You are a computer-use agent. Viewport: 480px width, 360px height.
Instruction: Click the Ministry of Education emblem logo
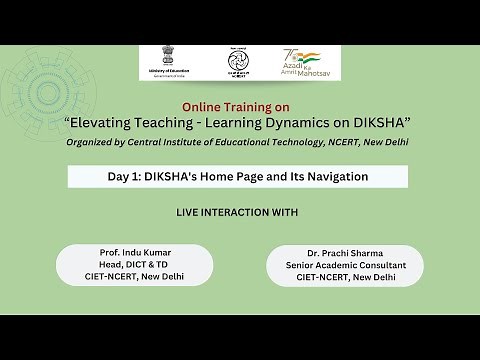click(x=159, y=59)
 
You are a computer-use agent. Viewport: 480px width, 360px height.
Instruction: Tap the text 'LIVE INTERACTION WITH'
click(x=236, y=213)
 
